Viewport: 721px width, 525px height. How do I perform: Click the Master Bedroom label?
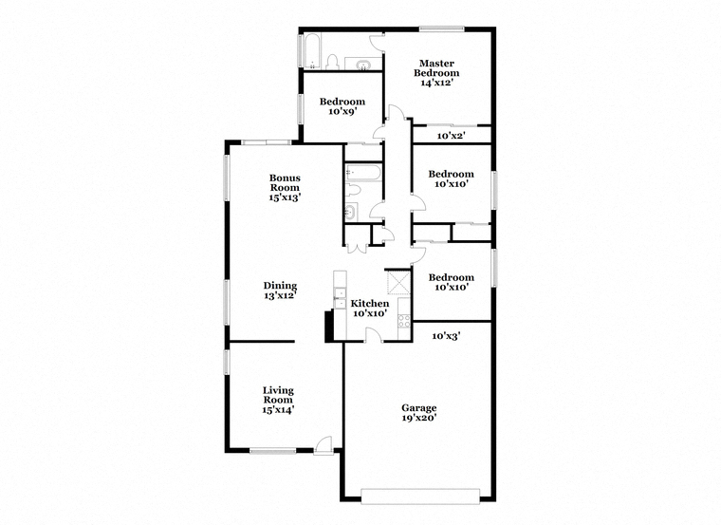point(436,73)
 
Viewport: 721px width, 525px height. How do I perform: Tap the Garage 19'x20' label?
point(419,413)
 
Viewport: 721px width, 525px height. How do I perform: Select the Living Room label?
point(278,400)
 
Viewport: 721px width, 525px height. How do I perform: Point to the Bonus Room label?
point(285,187)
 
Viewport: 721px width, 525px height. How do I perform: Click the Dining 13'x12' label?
point(280,291)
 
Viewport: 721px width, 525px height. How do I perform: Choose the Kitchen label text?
point(370,303)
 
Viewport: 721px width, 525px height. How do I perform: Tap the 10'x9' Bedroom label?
point(342,106)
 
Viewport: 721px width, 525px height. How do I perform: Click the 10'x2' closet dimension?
point(451,136)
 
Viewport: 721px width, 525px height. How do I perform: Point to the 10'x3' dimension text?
point(446,336)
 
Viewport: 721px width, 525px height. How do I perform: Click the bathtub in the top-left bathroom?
point(312,51)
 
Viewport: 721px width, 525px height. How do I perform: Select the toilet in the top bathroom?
point(332,63)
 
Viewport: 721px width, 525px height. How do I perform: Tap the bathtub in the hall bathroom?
point(363,172)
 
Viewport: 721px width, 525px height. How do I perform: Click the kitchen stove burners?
point(404,321)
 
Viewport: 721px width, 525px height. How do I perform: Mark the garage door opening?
point(420,495)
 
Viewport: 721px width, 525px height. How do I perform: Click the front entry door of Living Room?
point(324,445)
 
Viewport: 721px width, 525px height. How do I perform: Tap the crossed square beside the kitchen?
point(398,282)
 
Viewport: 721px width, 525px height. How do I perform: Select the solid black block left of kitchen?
point(329,327)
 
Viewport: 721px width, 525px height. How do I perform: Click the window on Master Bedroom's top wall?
point(441,29)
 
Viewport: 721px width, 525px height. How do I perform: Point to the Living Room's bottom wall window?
point(273,451)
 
